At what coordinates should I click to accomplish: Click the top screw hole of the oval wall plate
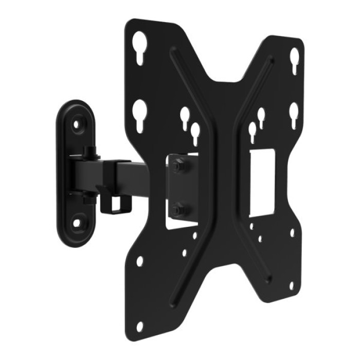click(77, 124)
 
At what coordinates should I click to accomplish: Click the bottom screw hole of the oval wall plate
click(77, 224)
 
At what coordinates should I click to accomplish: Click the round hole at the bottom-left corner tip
click(139, 326)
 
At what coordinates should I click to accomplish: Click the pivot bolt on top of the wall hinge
click(91, 151)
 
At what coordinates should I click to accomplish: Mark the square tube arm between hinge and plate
click(134, 177)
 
